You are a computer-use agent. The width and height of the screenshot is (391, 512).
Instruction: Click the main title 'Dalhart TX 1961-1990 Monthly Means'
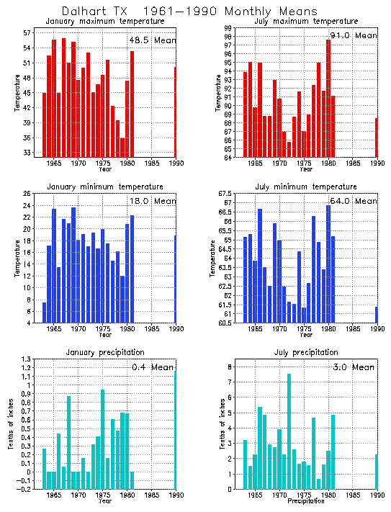[x=189, y=12]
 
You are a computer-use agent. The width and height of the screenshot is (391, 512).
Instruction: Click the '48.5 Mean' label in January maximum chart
[x=151, y=40]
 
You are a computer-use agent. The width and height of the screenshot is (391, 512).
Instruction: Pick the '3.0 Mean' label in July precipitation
[x=354, y=367]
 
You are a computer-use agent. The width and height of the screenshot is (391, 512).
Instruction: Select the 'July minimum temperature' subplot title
[x=306, y=187]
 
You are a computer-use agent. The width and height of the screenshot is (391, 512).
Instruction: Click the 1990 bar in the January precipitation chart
[x=175, y=431]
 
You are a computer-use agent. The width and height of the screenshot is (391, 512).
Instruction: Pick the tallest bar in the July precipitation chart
[x=289, y=431]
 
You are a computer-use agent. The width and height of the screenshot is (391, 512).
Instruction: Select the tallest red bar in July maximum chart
[x=328, y=99]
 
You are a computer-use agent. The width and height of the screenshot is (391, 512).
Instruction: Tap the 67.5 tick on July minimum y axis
[x=225, y=194]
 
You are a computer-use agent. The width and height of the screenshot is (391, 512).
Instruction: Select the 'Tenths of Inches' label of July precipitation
[x=214, y=425]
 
